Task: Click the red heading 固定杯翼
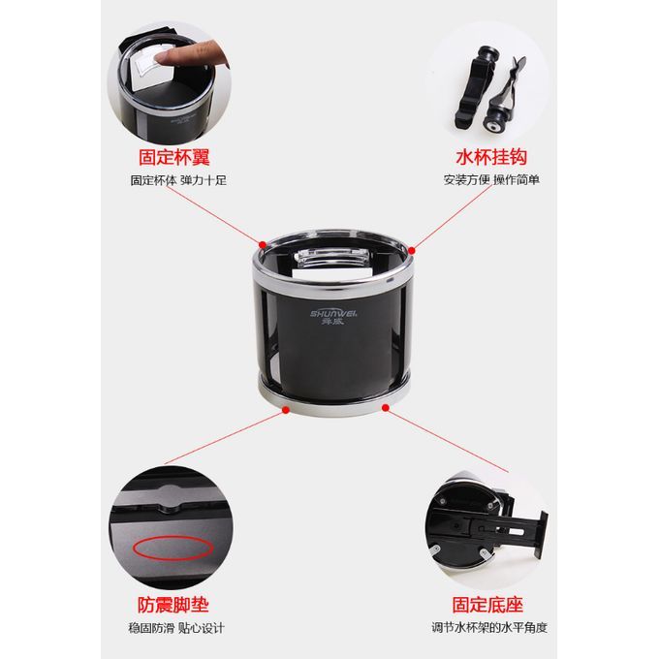tap(174, 157)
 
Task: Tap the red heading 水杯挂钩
tap(491, 157)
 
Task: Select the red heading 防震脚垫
tap(173, 605)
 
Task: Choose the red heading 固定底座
tap(487, 605)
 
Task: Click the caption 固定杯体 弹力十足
tap(178, 180)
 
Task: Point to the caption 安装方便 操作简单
tap(491, 180)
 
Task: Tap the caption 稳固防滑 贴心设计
tap(176, 628)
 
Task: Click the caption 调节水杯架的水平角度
tap(489, 628)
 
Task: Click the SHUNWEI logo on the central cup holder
tap(333, 317)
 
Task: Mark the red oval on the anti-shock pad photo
tap(173, 548)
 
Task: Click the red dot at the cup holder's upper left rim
tap(263, 244)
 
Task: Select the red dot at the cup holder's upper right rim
tap(412, 250)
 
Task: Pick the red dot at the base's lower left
tap(286, 410)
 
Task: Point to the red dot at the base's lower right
tap(386, 407)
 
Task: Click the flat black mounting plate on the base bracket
tap(541, 535)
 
